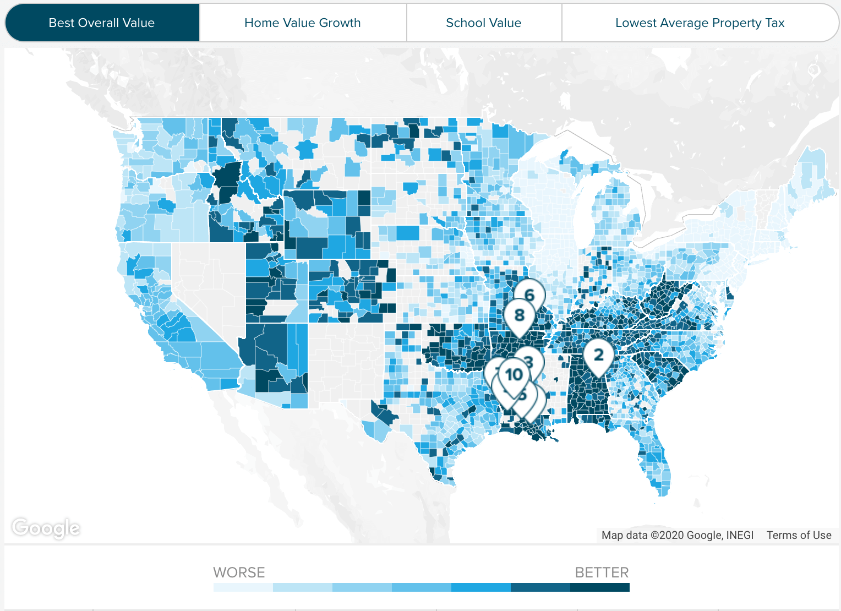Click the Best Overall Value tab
(102, 23)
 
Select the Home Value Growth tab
(302, 23)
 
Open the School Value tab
(483, 23)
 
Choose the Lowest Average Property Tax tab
(700, 23)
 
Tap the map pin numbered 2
(598, 355)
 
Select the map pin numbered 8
(519, 315)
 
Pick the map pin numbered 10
(514, 374)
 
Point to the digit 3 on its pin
(529, 362)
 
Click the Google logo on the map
(46, 528)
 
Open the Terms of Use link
(799, 535)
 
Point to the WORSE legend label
(239, 572)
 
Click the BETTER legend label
(602, 572)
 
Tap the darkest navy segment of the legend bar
(599, 587)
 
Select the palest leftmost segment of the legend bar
(243, 587)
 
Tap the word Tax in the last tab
(774, 23)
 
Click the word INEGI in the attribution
(740, 535)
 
